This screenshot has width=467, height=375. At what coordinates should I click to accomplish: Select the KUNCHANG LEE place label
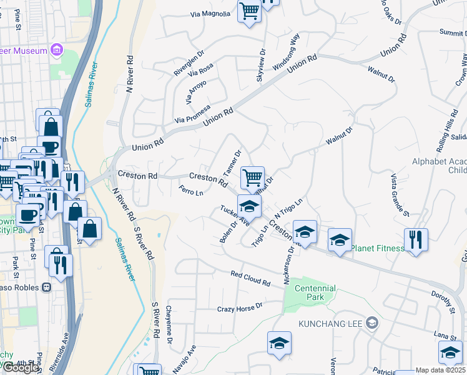click(331, 324)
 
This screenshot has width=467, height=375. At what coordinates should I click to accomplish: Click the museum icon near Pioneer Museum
click(57, 49)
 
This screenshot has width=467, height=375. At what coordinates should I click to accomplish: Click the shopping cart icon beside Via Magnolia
click(249, 11)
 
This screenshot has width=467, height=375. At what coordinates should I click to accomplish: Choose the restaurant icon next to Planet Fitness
click(415, 239)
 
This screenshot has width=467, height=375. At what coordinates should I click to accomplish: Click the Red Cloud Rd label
click(250, 278)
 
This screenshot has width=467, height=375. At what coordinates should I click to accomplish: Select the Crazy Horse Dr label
click(240, 307)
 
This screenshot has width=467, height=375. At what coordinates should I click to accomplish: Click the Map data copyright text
click(441, 370)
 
